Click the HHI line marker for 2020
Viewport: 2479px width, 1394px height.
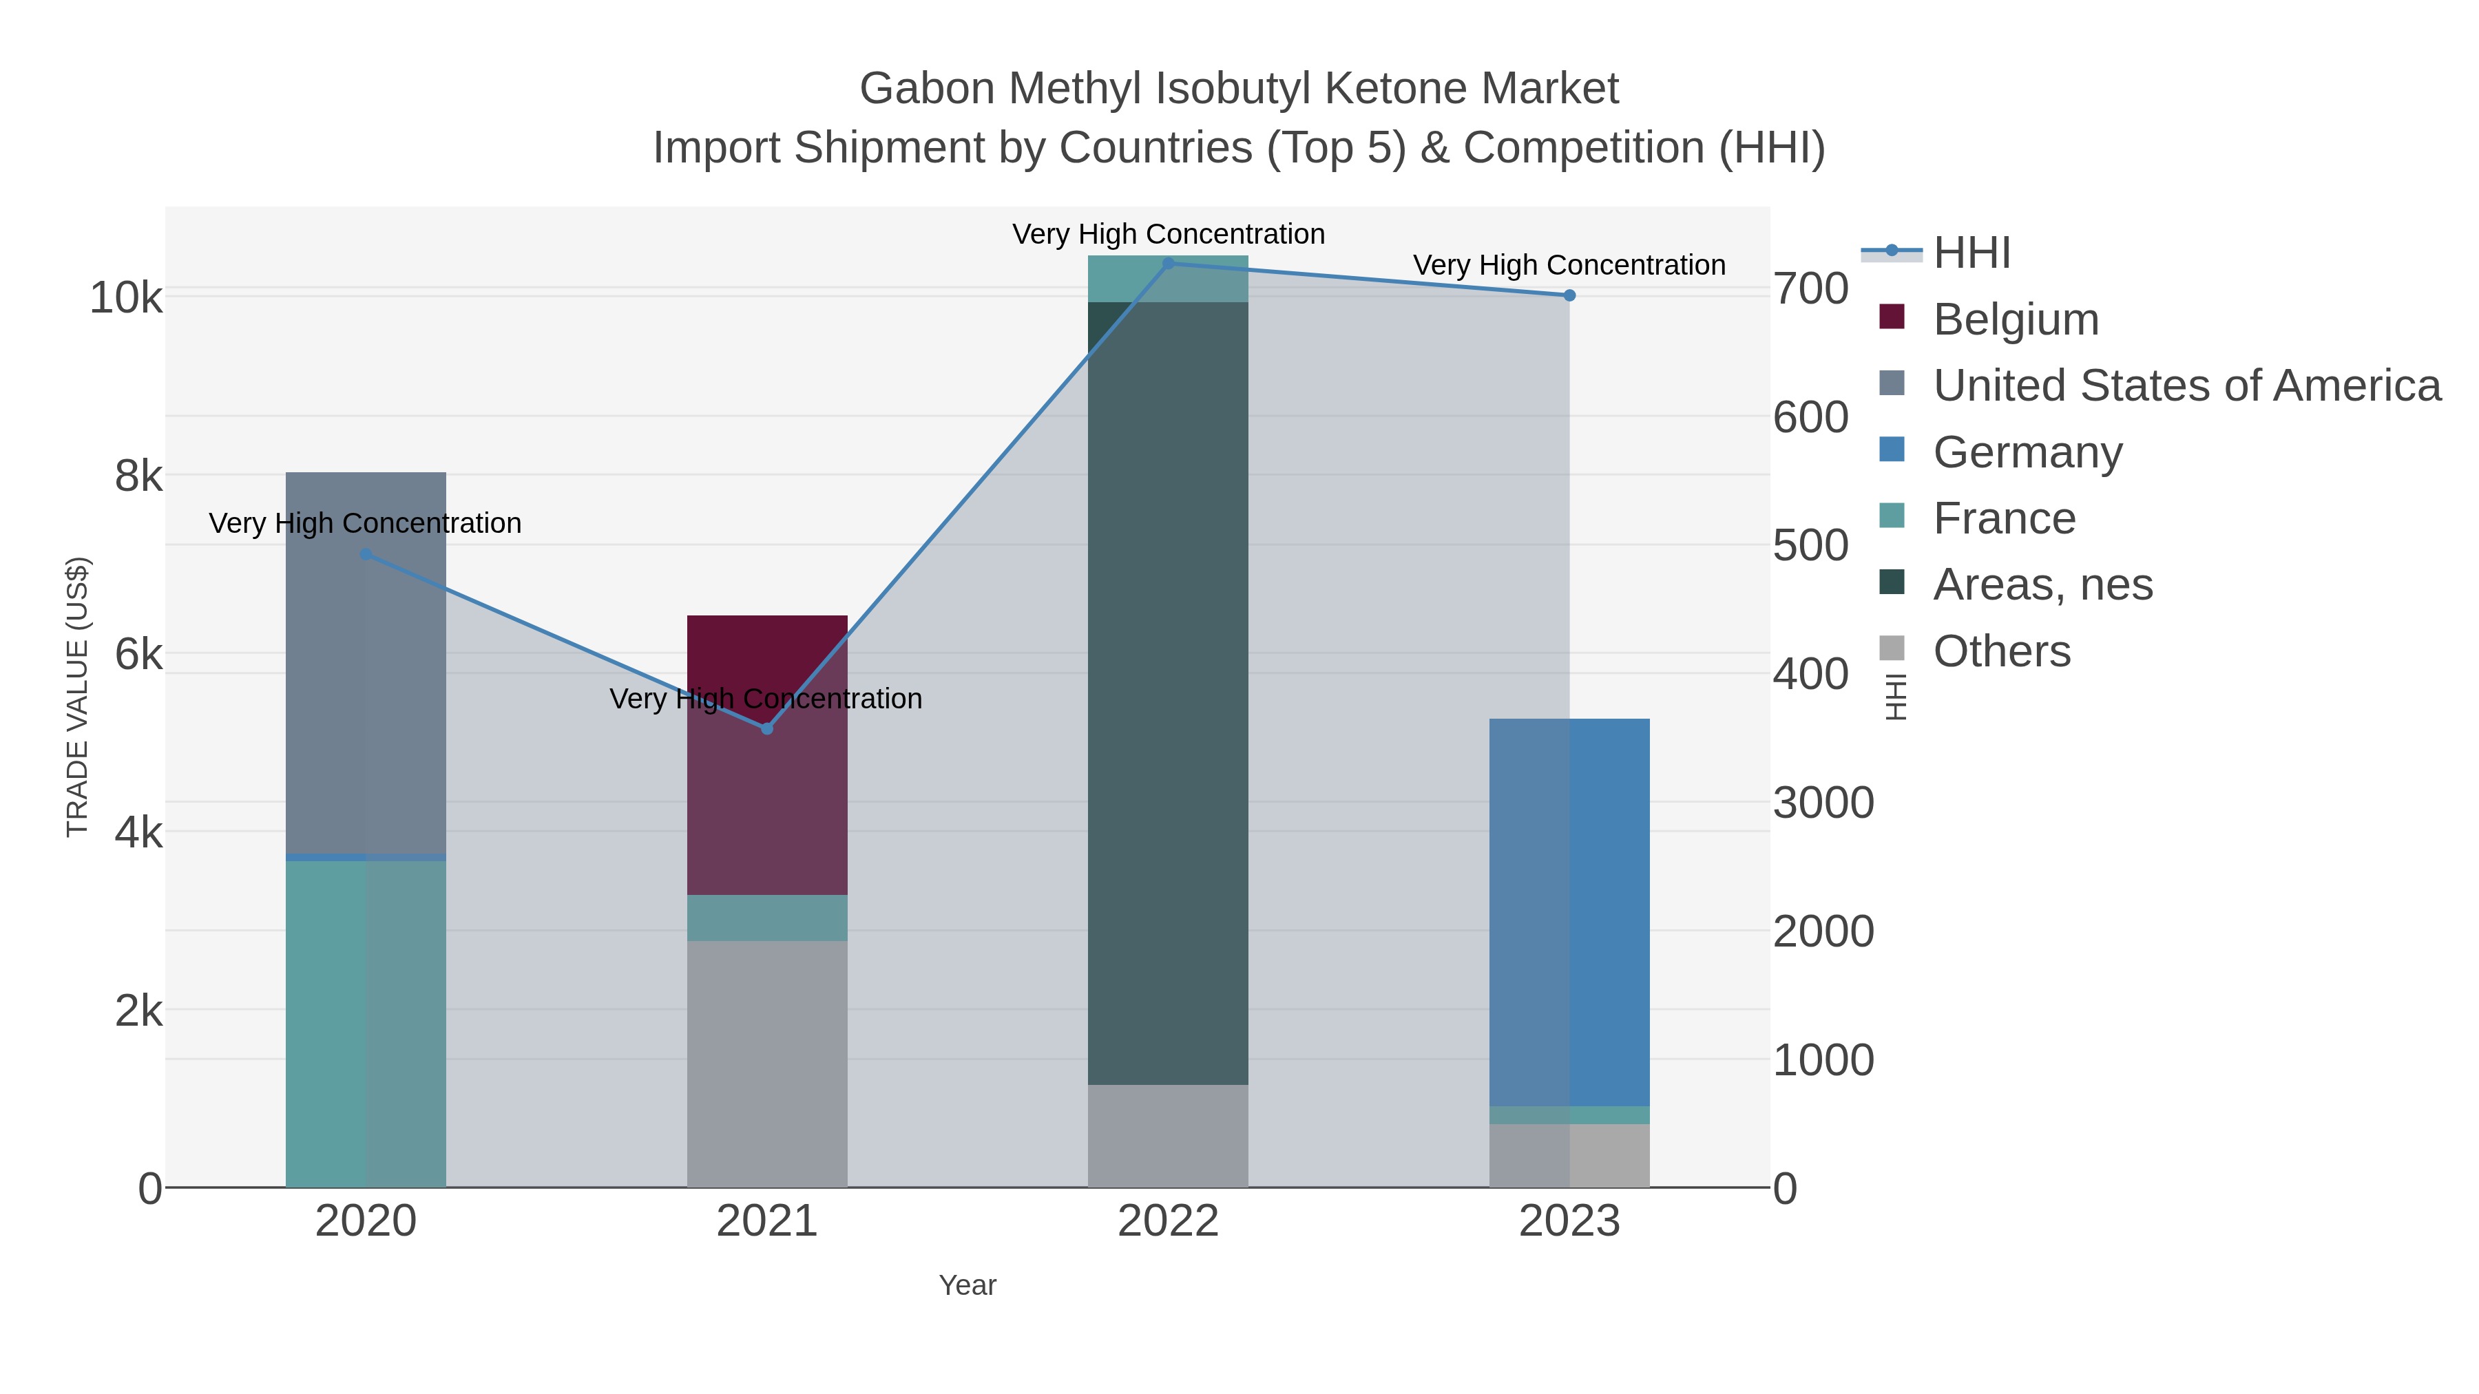[366, 554]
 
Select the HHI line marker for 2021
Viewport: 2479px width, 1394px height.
[767, 728]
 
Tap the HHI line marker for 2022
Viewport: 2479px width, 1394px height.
[1169, 263]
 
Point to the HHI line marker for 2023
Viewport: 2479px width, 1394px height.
[1569, 295]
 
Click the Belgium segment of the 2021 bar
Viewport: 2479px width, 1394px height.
[767, 770]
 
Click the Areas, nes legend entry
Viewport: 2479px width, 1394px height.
[2042, 585]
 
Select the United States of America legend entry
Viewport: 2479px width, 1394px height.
[2186, 386]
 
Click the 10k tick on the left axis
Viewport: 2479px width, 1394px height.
[126, 298]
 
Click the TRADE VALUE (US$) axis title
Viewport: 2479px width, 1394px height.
[77, 697]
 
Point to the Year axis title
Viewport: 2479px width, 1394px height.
[967, 1285]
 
